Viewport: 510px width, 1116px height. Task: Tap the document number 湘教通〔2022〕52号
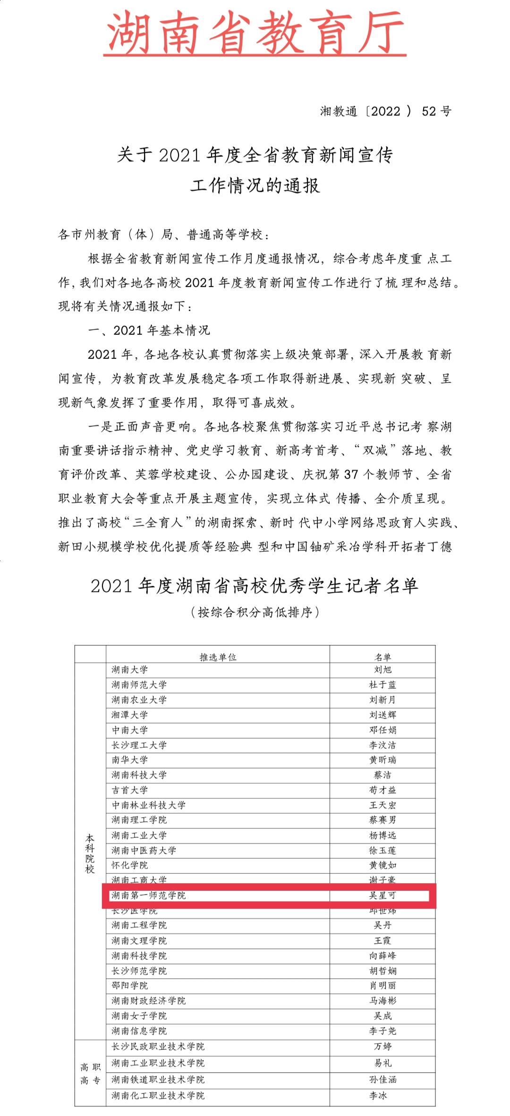[x=385, y=111]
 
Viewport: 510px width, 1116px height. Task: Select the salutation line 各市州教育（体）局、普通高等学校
[x=164, y=235]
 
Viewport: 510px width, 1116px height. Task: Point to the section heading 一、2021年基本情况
[x=149, y=331]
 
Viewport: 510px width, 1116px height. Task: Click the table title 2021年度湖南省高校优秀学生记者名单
[x=255, y=586]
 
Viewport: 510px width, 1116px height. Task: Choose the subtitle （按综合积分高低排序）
[x=255, y=613]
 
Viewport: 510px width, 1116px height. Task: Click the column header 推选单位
[x=218, y=657]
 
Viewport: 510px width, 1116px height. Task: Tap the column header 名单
[x=382, y=657]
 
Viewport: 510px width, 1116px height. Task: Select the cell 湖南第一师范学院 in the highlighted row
[x=149, y=895]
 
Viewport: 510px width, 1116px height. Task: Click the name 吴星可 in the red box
[x=382, y=895]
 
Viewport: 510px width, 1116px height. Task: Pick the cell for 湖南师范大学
[x=139, y=685]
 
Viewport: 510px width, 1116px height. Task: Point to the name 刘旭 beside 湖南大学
[x=382, y=670]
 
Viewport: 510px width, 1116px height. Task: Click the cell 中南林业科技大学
[x=149, y=805]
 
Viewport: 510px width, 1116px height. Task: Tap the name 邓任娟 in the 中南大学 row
[x=382, y=730]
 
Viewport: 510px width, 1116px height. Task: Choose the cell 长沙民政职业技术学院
[x=158, y=1047]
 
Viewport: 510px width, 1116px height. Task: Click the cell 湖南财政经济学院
[x=149, y=1001]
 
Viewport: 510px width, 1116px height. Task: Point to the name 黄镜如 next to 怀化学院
[x=382, y=865]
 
